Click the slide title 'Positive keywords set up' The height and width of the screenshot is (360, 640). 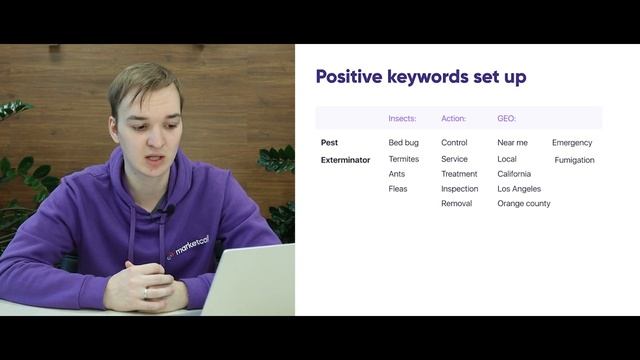(x=420, y=77)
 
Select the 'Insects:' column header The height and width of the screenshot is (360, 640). (x=402, y=118)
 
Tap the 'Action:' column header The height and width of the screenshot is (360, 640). (x=453, y=118)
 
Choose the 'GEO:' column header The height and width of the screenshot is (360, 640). (x=506, y=118)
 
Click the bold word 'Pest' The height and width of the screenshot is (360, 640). (x=329, y=143)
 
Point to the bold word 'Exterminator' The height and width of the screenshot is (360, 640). (x=345, y=159)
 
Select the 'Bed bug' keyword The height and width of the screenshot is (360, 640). (x=403, y=143)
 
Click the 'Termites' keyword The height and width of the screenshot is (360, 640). (x=403, y=159)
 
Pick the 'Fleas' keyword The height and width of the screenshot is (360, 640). (x=397, y=189)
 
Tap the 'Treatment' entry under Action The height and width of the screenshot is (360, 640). (x=459, y=174)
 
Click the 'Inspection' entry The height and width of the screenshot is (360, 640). (x=459, y=189)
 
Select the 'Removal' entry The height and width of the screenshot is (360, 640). (x=456, y=204)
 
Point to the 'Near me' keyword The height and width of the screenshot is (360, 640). (x=512, y=143)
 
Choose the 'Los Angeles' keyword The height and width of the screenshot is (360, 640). (x=518, y=189)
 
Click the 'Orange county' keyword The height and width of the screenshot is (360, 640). (x=523, y=204)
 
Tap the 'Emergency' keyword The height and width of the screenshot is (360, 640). (x=572, y=143)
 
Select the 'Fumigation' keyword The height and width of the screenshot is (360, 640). (x=574, y=160)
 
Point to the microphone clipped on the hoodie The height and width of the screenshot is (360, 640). (x=168, y=211)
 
